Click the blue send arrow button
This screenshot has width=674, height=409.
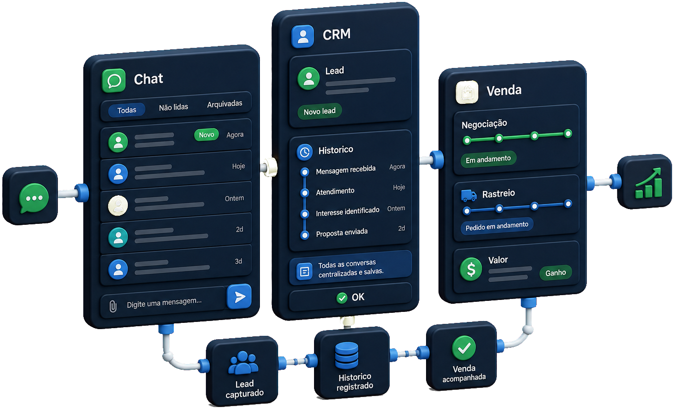(239, 297)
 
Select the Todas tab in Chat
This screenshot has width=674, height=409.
(127, 110)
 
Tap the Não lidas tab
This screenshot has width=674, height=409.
(173, 107)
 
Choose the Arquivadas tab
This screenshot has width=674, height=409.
(225, 104)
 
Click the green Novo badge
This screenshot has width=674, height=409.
(206, 135)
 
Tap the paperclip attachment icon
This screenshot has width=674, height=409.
(113, 307)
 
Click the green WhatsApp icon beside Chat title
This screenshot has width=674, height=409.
(114, 80)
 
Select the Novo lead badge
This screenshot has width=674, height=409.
(320, 111)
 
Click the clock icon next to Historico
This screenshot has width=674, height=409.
(304, 152)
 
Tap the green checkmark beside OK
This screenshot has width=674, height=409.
(342, 298)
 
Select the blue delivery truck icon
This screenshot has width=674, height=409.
(469, 195)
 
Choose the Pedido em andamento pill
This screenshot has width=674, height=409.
(497, 226)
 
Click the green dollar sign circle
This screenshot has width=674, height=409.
(471, 269)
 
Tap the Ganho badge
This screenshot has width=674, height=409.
(555, 273)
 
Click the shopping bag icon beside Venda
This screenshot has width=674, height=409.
(467, 92)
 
